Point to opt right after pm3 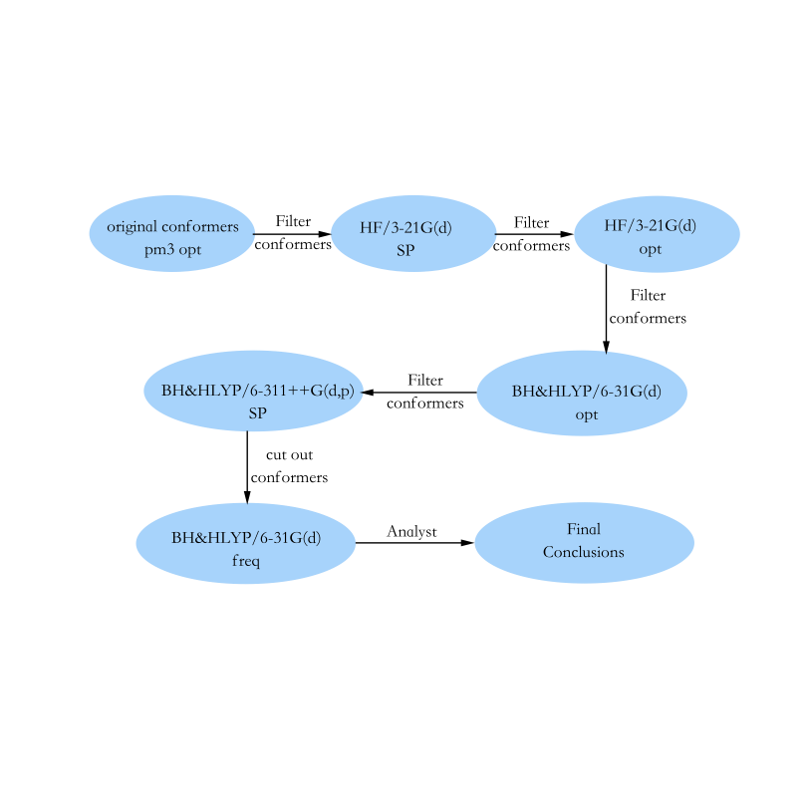point(189,250)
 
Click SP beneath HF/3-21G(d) point(405,251)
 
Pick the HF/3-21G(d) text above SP point(405,228)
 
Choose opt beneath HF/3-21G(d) point(651,249)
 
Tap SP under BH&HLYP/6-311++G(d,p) point(257,412)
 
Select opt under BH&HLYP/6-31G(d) point(587,414)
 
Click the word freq point(245,561)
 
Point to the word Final point(584,529)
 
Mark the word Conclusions point(584,552)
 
